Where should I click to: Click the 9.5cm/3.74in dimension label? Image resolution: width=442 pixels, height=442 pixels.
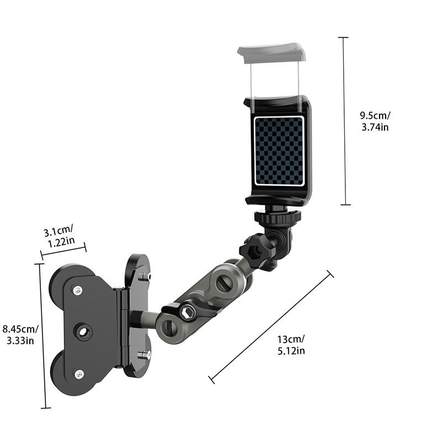(375, 121)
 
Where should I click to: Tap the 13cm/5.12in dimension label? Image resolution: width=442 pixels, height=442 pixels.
(292, 345)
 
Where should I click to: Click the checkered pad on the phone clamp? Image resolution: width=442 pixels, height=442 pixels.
(279, 150)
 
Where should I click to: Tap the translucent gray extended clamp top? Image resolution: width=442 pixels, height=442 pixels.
(271, 53)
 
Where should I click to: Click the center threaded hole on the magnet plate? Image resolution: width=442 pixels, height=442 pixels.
(85, 332)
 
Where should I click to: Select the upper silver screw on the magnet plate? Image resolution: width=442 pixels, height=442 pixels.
(77, 290)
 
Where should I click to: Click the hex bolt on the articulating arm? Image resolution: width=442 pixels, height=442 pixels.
(187, 314)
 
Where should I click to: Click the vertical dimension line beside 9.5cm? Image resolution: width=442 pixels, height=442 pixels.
(344, 121)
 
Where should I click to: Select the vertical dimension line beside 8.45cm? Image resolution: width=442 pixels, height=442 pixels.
(41, 336)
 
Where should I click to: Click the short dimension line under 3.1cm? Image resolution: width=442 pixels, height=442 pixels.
(63, 250)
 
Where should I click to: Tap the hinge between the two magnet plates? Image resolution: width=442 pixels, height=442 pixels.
(123, 328)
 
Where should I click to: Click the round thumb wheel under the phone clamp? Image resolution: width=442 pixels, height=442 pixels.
(277, 217)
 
